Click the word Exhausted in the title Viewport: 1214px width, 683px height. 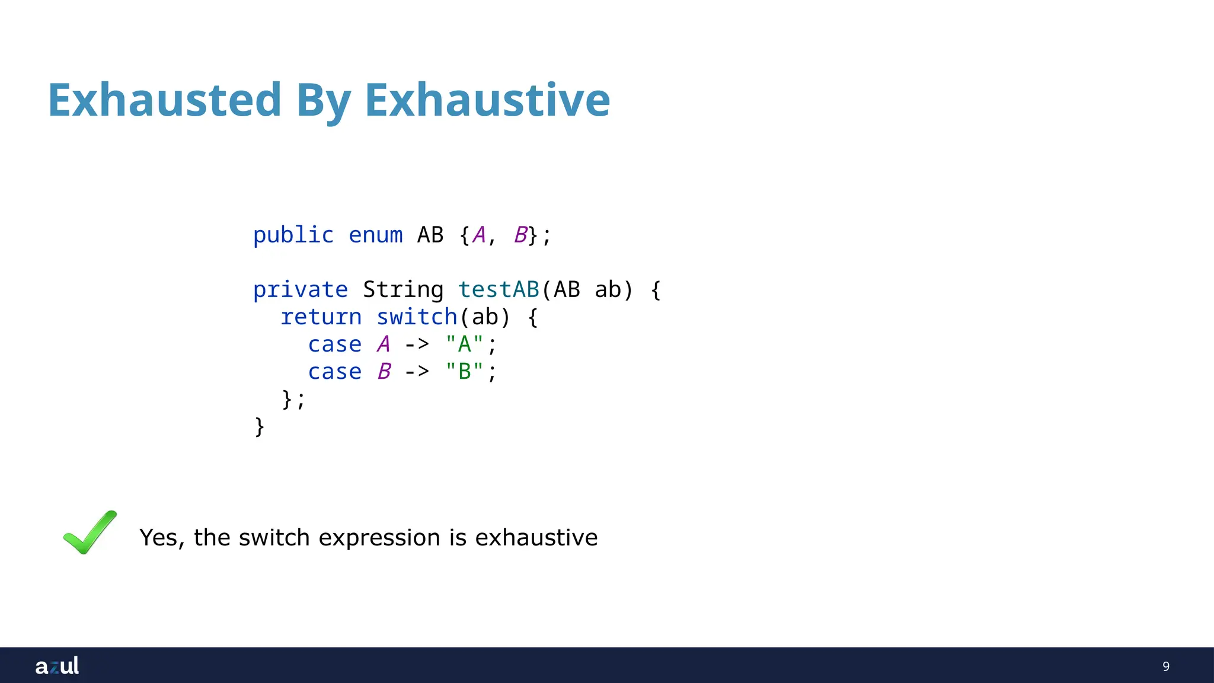point(164,100)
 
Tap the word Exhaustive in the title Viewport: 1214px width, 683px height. point(487,100)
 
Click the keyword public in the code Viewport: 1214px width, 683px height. point(293,235)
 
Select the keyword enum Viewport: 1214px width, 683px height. point(375,235)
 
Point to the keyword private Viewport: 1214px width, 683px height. point(300,290)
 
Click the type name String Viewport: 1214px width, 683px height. point(403,290)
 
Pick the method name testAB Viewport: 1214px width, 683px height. point(499,290)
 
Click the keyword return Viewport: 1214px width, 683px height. point(321,317)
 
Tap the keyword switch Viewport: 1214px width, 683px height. point(417,317)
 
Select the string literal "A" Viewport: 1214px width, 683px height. point(464,344)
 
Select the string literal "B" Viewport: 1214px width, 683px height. point(464,371)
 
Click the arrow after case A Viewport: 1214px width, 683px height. point(417,344)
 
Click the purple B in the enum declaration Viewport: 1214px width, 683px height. point(520,235)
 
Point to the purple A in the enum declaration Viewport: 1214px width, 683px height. point(478,235)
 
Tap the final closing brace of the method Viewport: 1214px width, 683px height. point(259,426)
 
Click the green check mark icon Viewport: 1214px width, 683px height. point(90,532)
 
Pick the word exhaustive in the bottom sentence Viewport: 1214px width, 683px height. point(536,538)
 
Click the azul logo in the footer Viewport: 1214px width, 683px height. point(57,666)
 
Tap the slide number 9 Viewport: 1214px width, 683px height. point(1165,666)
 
